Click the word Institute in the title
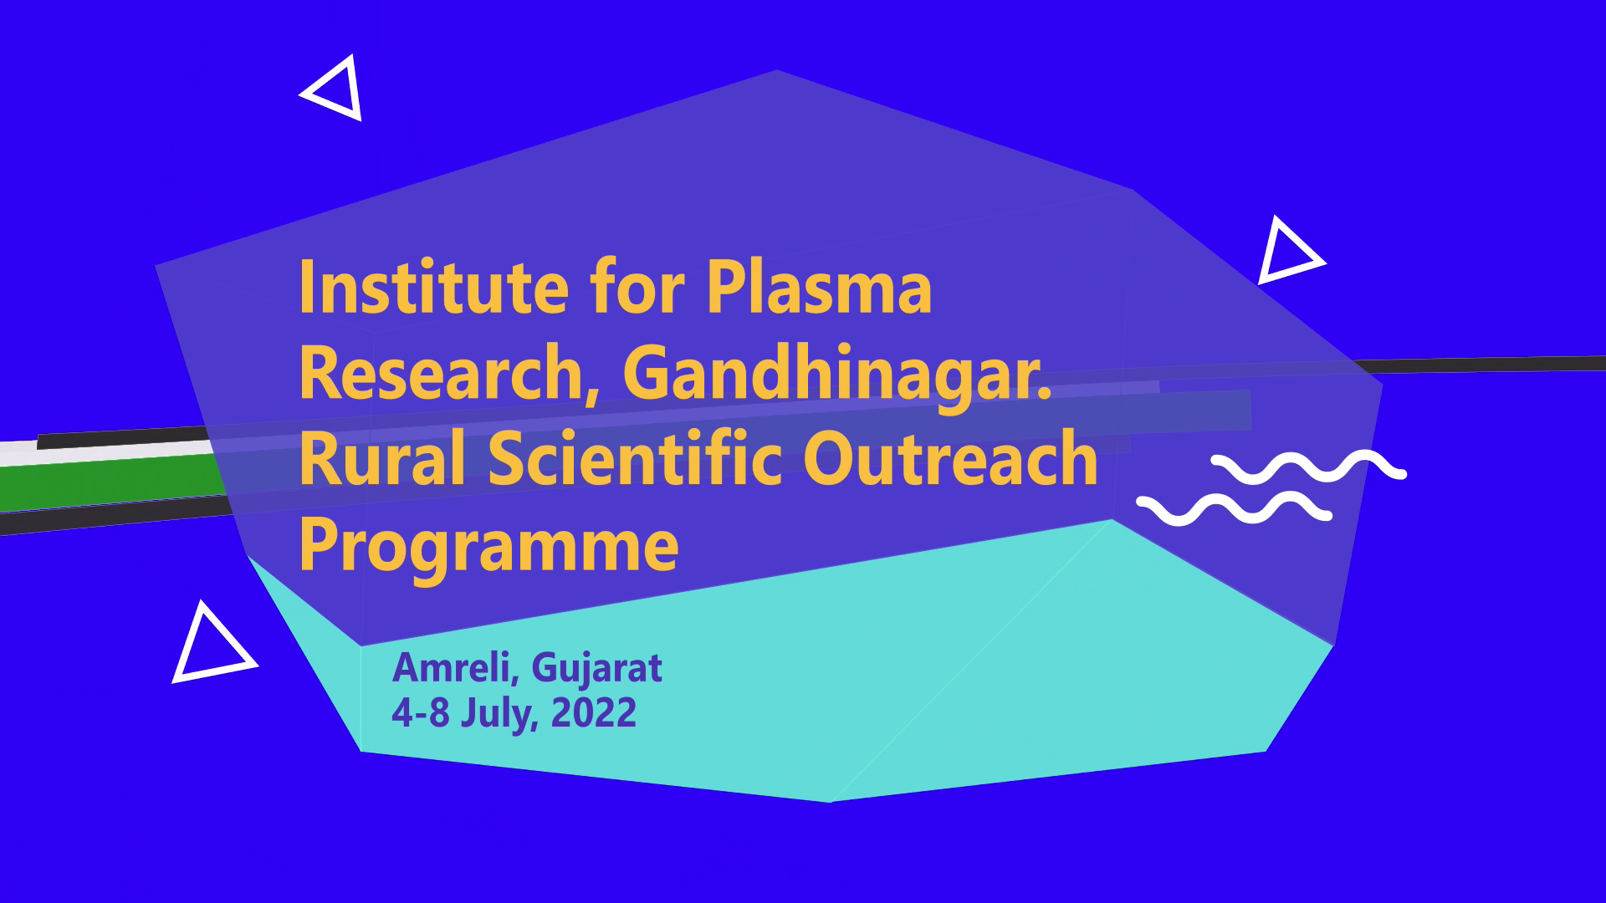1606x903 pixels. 434,287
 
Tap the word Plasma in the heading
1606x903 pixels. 819,287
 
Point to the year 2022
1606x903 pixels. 594,712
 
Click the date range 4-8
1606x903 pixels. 421,712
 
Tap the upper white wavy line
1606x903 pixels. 1308,467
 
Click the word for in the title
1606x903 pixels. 637,287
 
